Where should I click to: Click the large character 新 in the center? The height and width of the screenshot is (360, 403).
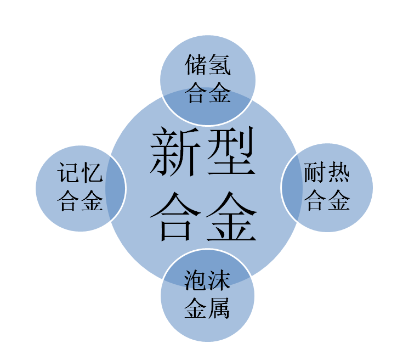tap(175, 151)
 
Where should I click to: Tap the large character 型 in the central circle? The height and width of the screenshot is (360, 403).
tap(231, 151)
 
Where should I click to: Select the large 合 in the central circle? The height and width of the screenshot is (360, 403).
tap(175, 216)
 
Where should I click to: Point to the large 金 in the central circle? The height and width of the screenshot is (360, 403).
tap(231, 216)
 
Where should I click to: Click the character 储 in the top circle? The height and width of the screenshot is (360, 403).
tap(195, 65)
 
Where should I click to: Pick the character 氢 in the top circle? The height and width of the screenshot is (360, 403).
tap(220, 65)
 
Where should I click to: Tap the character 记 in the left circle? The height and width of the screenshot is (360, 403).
tap(68, 172)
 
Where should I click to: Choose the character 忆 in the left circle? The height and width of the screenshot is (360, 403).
tap(92, 172)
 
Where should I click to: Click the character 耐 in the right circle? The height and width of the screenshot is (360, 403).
tap(314, 172)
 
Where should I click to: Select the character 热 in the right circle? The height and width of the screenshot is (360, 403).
tap(338, 172)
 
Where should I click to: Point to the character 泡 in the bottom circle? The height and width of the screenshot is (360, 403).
tap(195, 280)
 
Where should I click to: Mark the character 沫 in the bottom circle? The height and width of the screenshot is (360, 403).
tap(219, 280)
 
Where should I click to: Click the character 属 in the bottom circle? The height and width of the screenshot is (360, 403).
tap(219, 308)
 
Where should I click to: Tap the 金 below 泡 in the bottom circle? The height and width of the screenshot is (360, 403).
tap(195, 308)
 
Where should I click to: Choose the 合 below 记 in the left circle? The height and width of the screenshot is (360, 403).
tap(68, 200)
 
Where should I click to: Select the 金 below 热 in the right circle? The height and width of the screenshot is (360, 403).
tap(339, 200)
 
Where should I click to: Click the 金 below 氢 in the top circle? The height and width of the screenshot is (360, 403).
tap(220, 92)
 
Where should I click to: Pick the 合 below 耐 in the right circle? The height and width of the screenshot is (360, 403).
tap(315, 200)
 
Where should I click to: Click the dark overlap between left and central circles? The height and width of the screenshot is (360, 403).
tap(115, 188)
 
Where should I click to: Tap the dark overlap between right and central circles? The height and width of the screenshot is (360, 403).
tap(292, 187)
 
